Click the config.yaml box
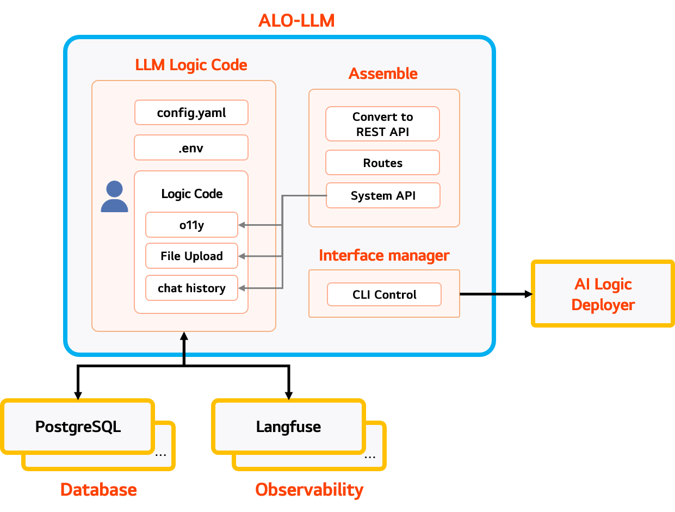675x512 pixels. tap(191, 113)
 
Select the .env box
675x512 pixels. tap(191, 147)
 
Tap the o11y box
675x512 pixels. tap(191, 225)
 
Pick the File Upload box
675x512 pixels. tap(191, 256)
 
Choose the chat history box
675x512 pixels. tap(191, 288)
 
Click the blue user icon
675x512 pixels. tap(114, 197)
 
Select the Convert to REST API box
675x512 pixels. tap(382, 124)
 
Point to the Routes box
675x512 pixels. tap(382, 163)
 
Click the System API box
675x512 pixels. tap(382, 196)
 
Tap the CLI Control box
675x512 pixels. tap(384, 294)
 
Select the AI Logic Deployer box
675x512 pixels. tap(603, 294)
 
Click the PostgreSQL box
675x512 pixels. tap(78, 427)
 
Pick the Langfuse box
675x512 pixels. tap(288, 427)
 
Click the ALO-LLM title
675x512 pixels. tap(296, 21)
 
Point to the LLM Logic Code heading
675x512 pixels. tap(191, 65)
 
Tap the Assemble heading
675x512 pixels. tap(383, 73)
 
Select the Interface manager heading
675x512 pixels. tap(384, 255)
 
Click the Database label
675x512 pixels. tap(98, 490)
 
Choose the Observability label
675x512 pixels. tap(309, 490)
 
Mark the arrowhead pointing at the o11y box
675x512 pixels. tap(242, 225)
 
